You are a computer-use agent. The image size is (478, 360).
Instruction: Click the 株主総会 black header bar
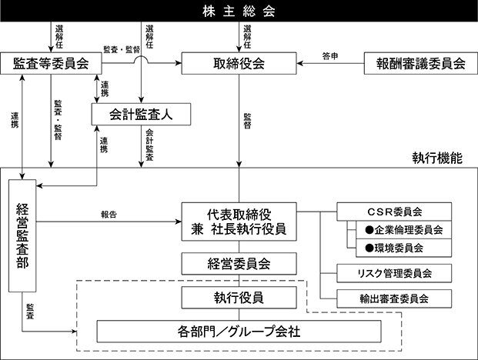click(239, 12)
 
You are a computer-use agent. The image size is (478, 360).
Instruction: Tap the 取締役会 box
click(238, 64)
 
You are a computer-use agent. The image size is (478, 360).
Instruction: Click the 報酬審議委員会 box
click(416, 64)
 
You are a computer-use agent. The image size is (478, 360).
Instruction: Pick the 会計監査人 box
click(140, 114)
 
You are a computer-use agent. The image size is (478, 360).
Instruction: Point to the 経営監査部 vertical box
click(22, 236)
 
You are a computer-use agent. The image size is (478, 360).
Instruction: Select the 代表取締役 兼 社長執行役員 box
click(238, 221)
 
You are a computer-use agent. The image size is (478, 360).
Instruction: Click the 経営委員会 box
click(238, 264)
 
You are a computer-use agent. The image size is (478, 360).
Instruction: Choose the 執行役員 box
click(238, 297)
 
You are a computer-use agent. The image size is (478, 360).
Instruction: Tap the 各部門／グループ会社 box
click(239, 332)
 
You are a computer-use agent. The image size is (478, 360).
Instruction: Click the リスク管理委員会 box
click(393, 272)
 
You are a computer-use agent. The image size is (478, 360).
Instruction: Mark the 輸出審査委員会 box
click(393, 297)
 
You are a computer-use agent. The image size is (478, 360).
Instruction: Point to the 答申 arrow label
click(331, 56)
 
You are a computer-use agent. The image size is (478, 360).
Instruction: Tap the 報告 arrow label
click(109, 215)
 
